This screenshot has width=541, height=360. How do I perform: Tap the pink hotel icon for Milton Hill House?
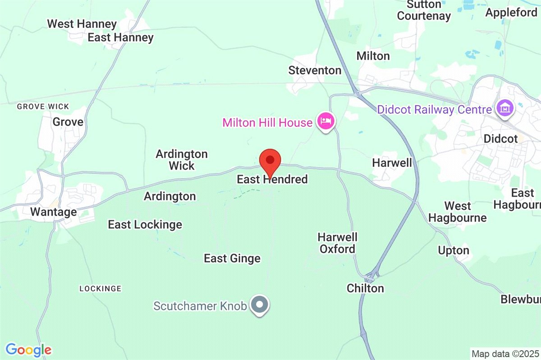(326, 121)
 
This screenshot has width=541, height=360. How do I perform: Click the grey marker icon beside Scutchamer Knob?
(259, 305)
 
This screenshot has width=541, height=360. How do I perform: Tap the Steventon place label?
(315, 70)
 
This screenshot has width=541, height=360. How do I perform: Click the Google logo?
(28, 350)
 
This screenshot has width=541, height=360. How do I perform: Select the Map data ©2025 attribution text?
(505, 353)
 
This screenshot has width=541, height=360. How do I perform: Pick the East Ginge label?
(232, 258)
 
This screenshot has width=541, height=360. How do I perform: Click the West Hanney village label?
(82, 24)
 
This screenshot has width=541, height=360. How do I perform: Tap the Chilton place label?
(365, 288)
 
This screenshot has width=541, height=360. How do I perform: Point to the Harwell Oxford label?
(338, 243)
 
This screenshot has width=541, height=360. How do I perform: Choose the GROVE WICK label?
(43, 107)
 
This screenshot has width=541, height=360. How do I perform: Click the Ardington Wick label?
(182, 160)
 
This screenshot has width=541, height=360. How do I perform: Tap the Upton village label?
(454, 250)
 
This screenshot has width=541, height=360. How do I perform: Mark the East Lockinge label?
(145, 225)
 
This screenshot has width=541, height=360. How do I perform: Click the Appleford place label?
(511, 13)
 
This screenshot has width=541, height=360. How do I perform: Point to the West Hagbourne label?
(458, 212)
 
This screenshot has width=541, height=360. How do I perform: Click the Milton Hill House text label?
(267, 122)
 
